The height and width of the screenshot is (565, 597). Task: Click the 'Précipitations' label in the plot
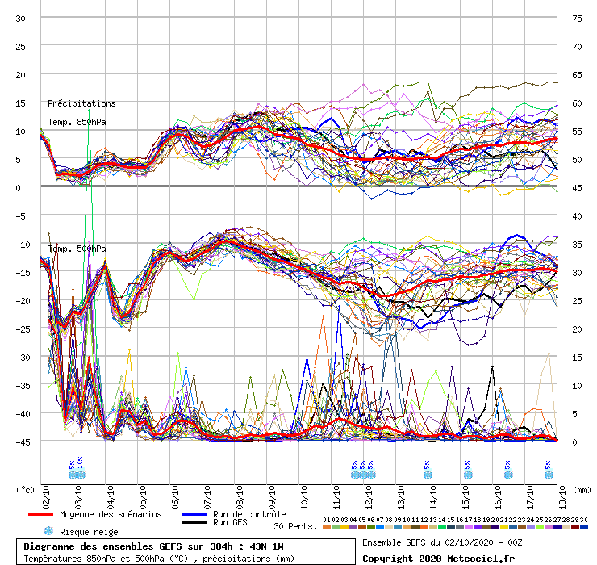pos(81,103)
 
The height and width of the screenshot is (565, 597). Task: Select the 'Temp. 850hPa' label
pos(77,122)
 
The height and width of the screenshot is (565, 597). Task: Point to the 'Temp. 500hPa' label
pos(77,248)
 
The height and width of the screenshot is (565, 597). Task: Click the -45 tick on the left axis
pos(22,442)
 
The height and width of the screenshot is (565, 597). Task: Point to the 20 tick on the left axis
pos(22,74)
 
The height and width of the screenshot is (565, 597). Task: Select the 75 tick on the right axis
pos(577,18)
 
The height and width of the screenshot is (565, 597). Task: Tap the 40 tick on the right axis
pos(577,216)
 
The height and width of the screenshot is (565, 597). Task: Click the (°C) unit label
pos(26,489)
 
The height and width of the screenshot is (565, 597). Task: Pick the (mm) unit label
pos(577,489)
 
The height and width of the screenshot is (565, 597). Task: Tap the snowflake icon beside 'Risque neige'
pos(48,531)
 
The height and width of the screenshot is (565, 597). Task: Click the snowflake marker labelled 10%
pos(80,475)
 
